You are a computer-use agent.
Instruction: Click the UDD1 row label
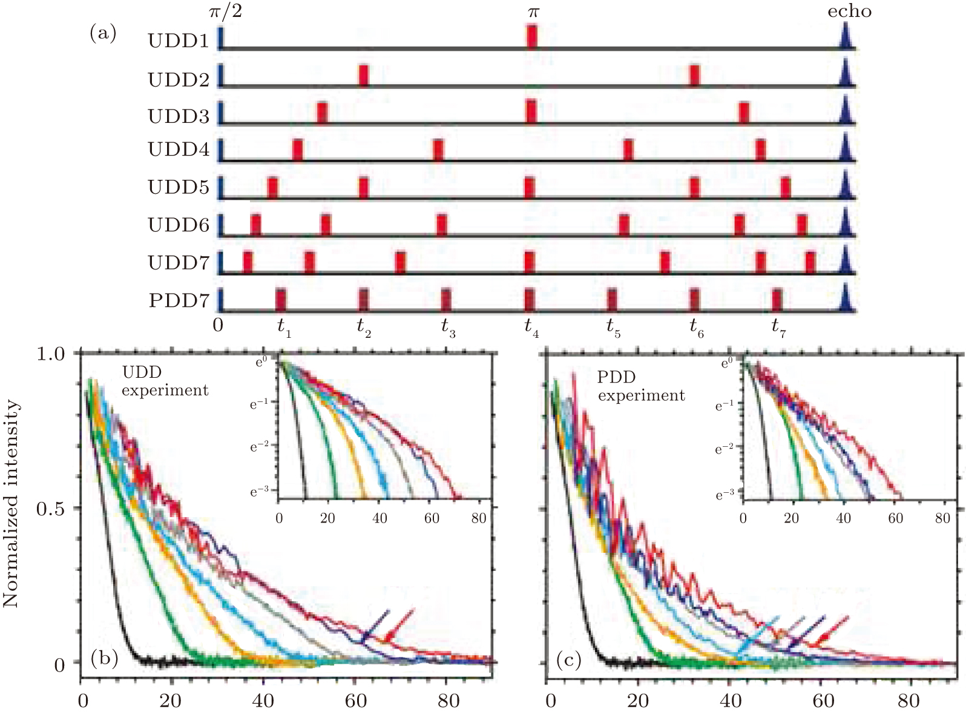click(x=178, y=41)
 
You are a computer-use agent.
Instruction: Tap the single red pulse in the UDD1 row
click(x=531, y=36)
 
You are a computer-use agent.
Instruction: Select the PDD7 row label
click(x=179, y=300)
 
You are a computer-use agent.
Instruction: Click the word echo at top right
click(x=849, y=12)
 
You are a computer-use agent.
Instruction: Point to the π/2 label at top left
click(x=225, y=11)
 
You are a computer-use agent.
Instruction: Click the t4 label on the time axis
click(x=531, y=327)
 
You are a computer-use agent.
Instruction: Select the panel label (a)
click(x=103, y=33)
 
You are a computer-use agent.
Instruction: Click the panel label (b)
click(x=104, y=659)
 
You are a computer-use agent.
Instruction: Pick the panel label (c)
click(x=568, y=660)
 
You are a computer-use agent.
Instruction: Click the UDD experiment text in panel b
click(x=165, y=381)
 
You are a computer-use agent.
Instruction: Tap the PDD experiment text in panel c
click(x=641, y=386)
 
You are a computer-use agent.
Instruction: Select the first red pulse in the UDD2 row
click(x=363, y=76)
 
